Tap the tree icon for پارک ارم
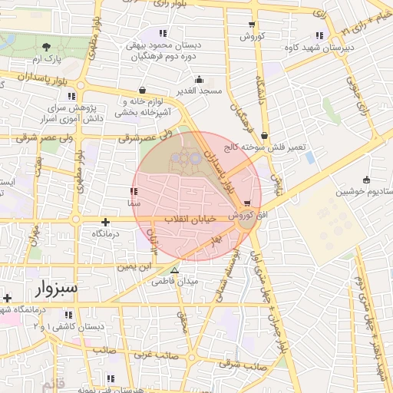(x=48, y=47)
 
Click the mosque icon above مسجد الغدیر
(x=200, y=78)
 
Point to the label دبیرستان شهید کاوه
(x=348, y=48)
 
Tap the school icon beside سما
(x=134, y=190)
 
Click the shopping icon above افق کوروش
(x=247, y=203)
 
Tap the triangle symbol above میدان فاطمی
(x=175, y=270)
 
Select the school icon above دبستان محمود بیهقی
(x=162, y=33)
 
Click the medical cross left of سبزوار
(x=7, y=297)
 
